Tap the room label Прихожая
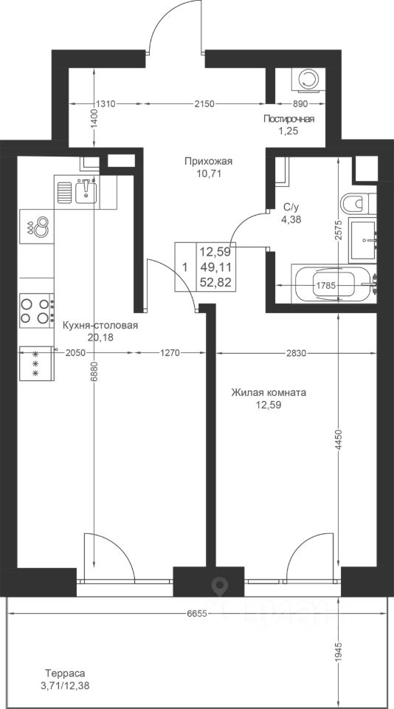(x=208, y=162)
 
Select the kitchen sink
(x=86, y=190)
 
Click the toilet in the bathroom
(x=358, y=204)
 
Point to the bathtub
(x=335, y=285)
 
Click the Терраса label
(x=65, y=673)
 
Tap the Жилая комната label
(x=269, y=392)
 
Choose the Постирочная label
(x=289, y=119)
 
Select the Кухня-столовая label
(x=100, y=326)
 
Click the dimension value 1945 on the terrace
(x=339, y=651)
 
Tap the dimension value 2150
(x=204, y=104)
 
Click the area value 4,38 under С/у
(x=290, y=220)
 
